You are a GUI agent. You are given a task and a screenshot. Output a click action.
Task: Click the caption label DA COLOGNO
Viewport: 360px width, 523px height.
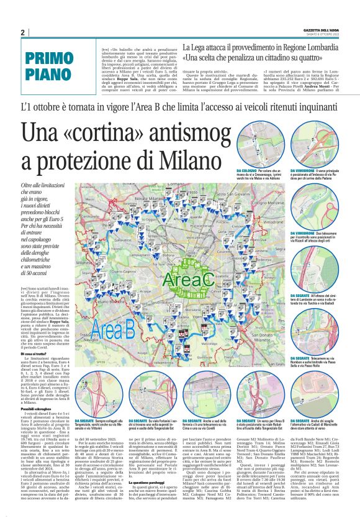pos(246,170)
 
